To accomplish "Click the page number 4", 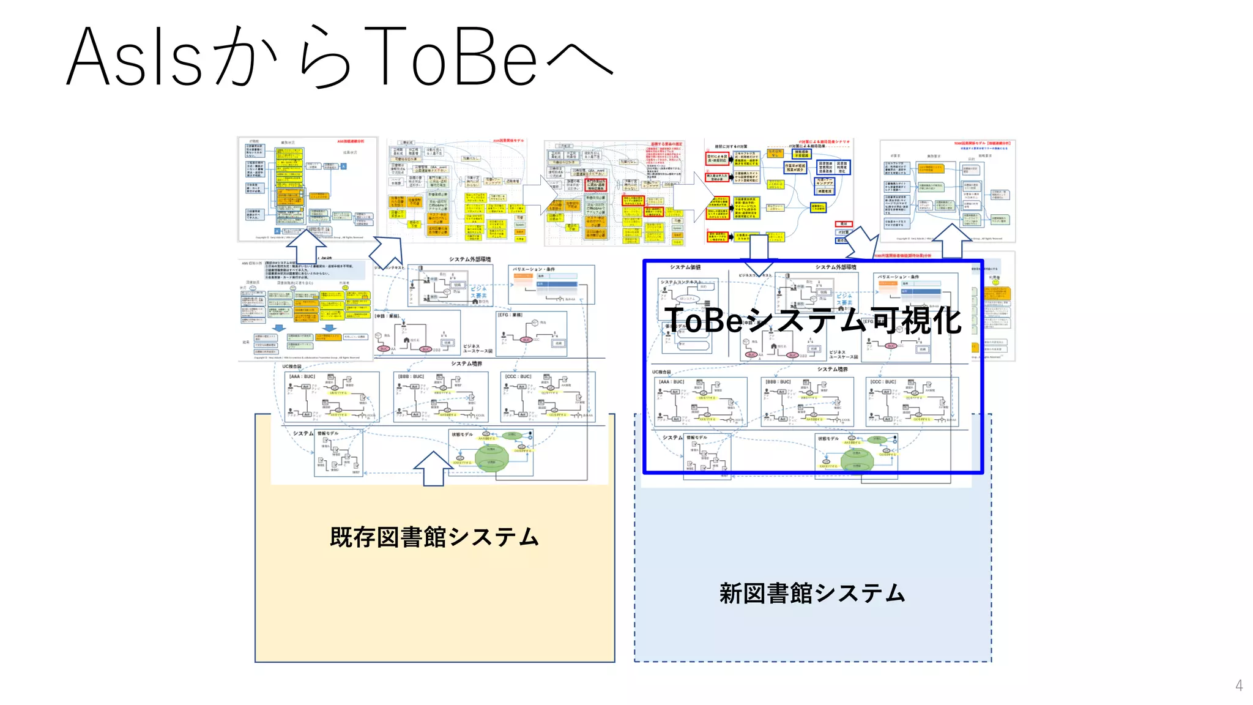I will tap(1238, 685).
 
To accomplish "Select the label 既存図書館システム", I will tap(434, 537).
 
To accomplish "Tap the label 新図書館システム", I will tap(812, 593).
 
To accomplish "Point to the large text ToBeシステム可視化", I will tap(812, 319).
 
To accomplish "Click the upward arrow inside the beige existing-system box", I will tap(433, 469).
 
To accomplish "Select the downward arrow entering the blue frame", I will tap(759, 255).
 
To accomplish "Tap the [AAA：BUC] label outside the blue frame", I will tap(303, 376).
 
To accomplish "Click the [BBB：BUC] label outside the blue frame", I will tap(411, 376).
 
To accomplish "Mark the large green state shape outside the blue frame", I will tap(491, 457).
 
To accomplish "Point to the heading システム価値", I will tap(685, 267).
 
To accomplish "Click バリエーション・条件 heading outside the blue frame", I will tap(534, 269).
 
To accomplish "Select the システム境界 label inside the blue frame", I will tap(833, 369).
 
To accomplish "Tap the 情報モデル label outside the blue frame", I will tap(327, 433).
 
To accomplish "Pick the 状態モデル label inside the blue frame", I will tap(828, 438).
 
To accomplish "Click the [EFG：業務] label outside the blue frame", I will tap(510, 315).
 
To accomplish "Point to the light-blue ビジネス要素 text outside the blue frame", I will tap(478, 292).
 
